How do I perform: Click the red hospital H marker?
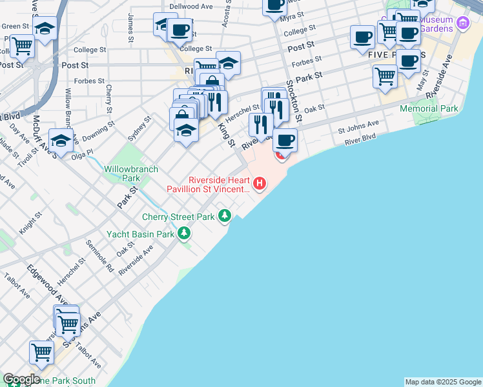coord(260,184)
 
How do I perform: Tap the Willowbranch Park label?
coord(122,174)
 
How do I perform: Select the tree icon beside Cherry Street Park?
coord(224,216)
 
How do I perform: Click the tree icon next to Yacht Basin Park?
coord(185,233)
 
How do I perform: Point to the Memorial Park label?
coord(429,108)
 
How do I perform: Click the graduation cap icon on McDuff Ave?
coord(60,140)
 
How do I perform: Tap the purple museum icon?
coord(462,24)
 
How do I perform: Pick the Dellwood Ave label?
coord(190,6)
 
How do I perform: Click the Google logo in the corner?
coord(21,379)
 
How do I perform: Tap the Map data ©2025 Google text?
coord(442,382)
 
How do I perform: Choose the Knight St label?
coord(30,222)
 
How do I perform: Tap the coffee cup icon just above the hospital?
coord(285,139)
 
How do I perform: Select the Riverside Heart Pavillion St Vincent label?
coord(208,184)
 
